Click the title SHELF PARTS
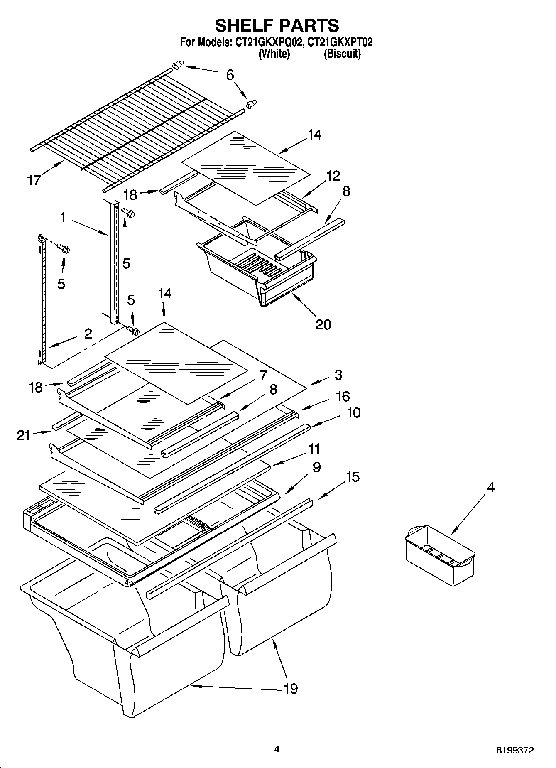pos(277,25)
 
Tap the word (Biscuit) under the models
pos(342,54)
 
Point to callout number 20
pos(323,324)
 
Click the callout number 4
pos(490,487)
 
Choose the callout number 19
pos(291,688)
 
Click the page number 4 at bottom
pos(277,749)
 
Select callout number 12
pos(333,176)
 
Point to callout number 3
pos(338,375)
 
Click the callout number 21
pos(24,435)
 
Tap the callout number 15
pos(353,477)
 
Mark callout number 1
pos(63,217)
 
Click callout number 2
pos(88,334)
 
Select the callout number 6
pos(230,75)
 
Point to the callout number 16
pos(343,396)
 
